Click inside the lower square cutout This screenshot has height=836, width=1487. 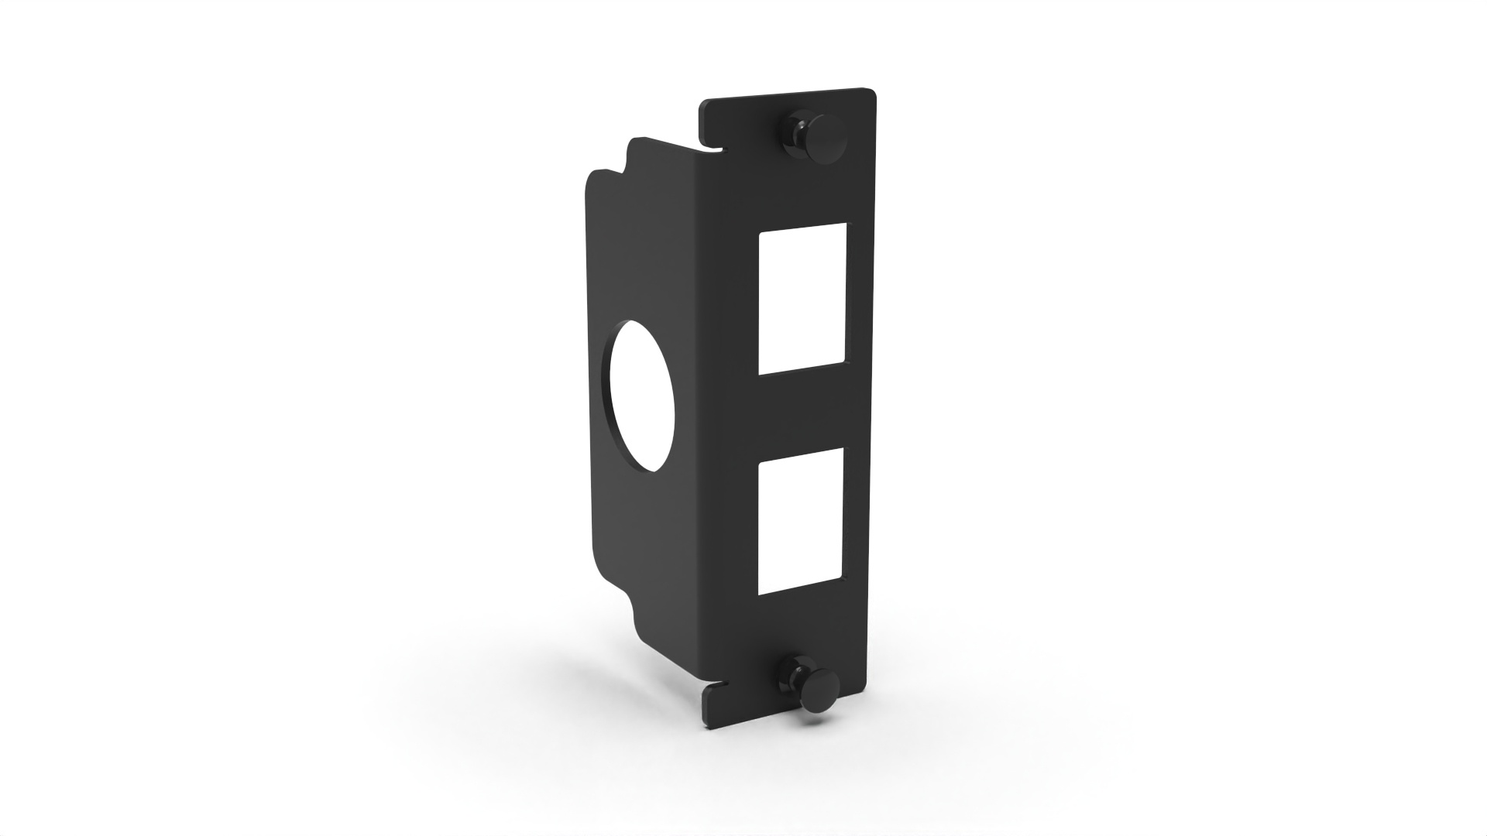[800, 526]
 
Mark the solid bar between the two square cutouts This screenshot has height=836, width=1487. [802, 410]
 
